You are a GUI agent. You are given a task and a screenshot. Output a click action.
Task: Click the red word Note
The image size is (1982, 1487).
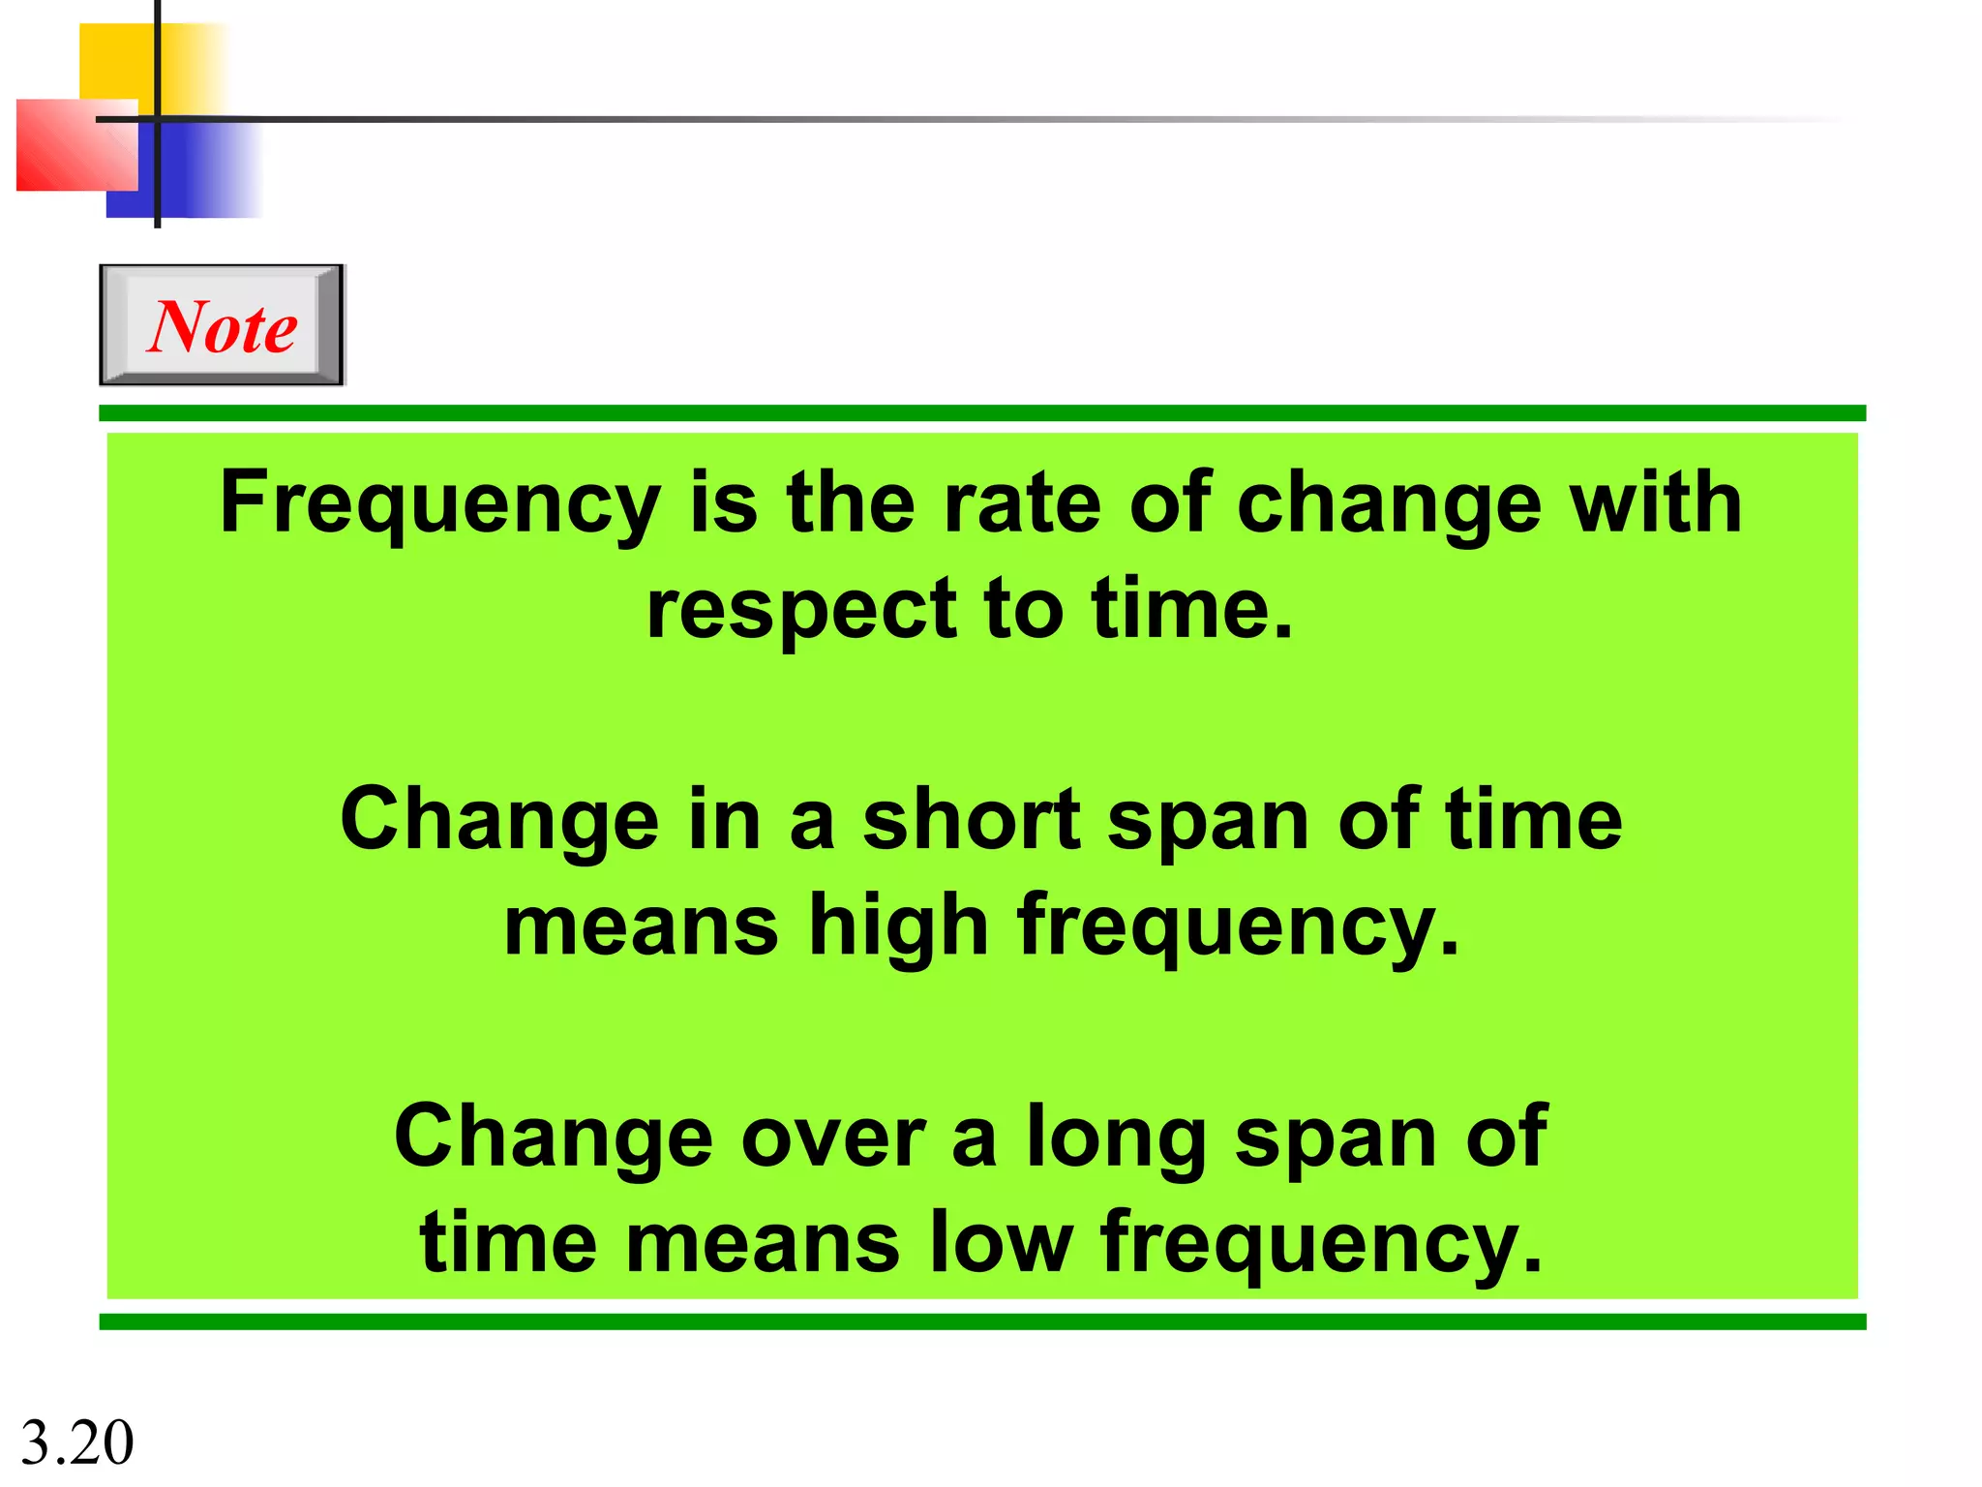223,326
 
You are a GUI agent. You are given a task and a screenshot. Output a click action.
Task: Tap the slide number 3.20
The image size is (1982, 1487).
76,1441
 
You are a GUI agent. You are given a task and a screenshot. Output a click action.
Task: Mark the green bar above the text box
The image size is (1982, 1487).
981,413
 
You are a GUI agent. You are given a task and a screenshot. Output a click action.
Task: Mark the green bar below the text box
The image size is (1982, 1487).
981,1321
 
